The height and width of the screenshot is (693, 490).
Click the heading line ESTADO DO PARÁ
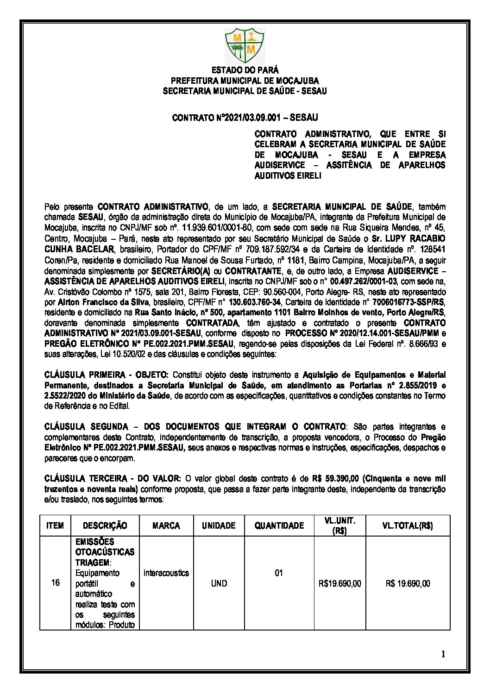245,70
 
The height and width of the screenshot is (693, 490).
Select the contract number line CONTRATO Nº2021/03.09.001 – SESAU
245,118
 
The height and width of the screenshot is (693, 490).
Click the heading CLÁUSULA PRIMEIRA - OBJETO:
107,375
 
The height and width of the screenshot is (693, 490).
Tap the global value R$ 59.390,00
335,478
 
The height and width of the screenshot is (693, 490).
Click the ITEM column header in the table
55,525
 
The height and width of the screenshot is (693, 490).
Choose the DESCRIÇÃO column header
105,525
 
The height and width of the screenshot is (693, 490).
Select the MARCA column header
166,525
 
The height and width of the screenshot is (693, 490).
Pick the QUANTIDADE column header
279,525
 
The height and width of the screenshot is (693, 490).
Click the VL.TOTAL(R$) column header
408,525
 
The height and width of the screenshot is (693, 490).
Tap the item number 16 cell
56,583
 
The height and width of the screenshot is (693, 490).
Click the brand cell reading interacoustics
166,573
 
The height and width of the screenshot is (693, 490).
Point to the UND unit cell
219,583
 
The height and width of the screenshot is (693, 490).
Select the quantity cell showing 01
279,573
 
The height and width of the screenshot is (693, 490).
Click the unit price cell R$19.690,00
340,583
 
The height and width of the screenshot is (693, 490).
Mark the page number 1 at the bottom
443,654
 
